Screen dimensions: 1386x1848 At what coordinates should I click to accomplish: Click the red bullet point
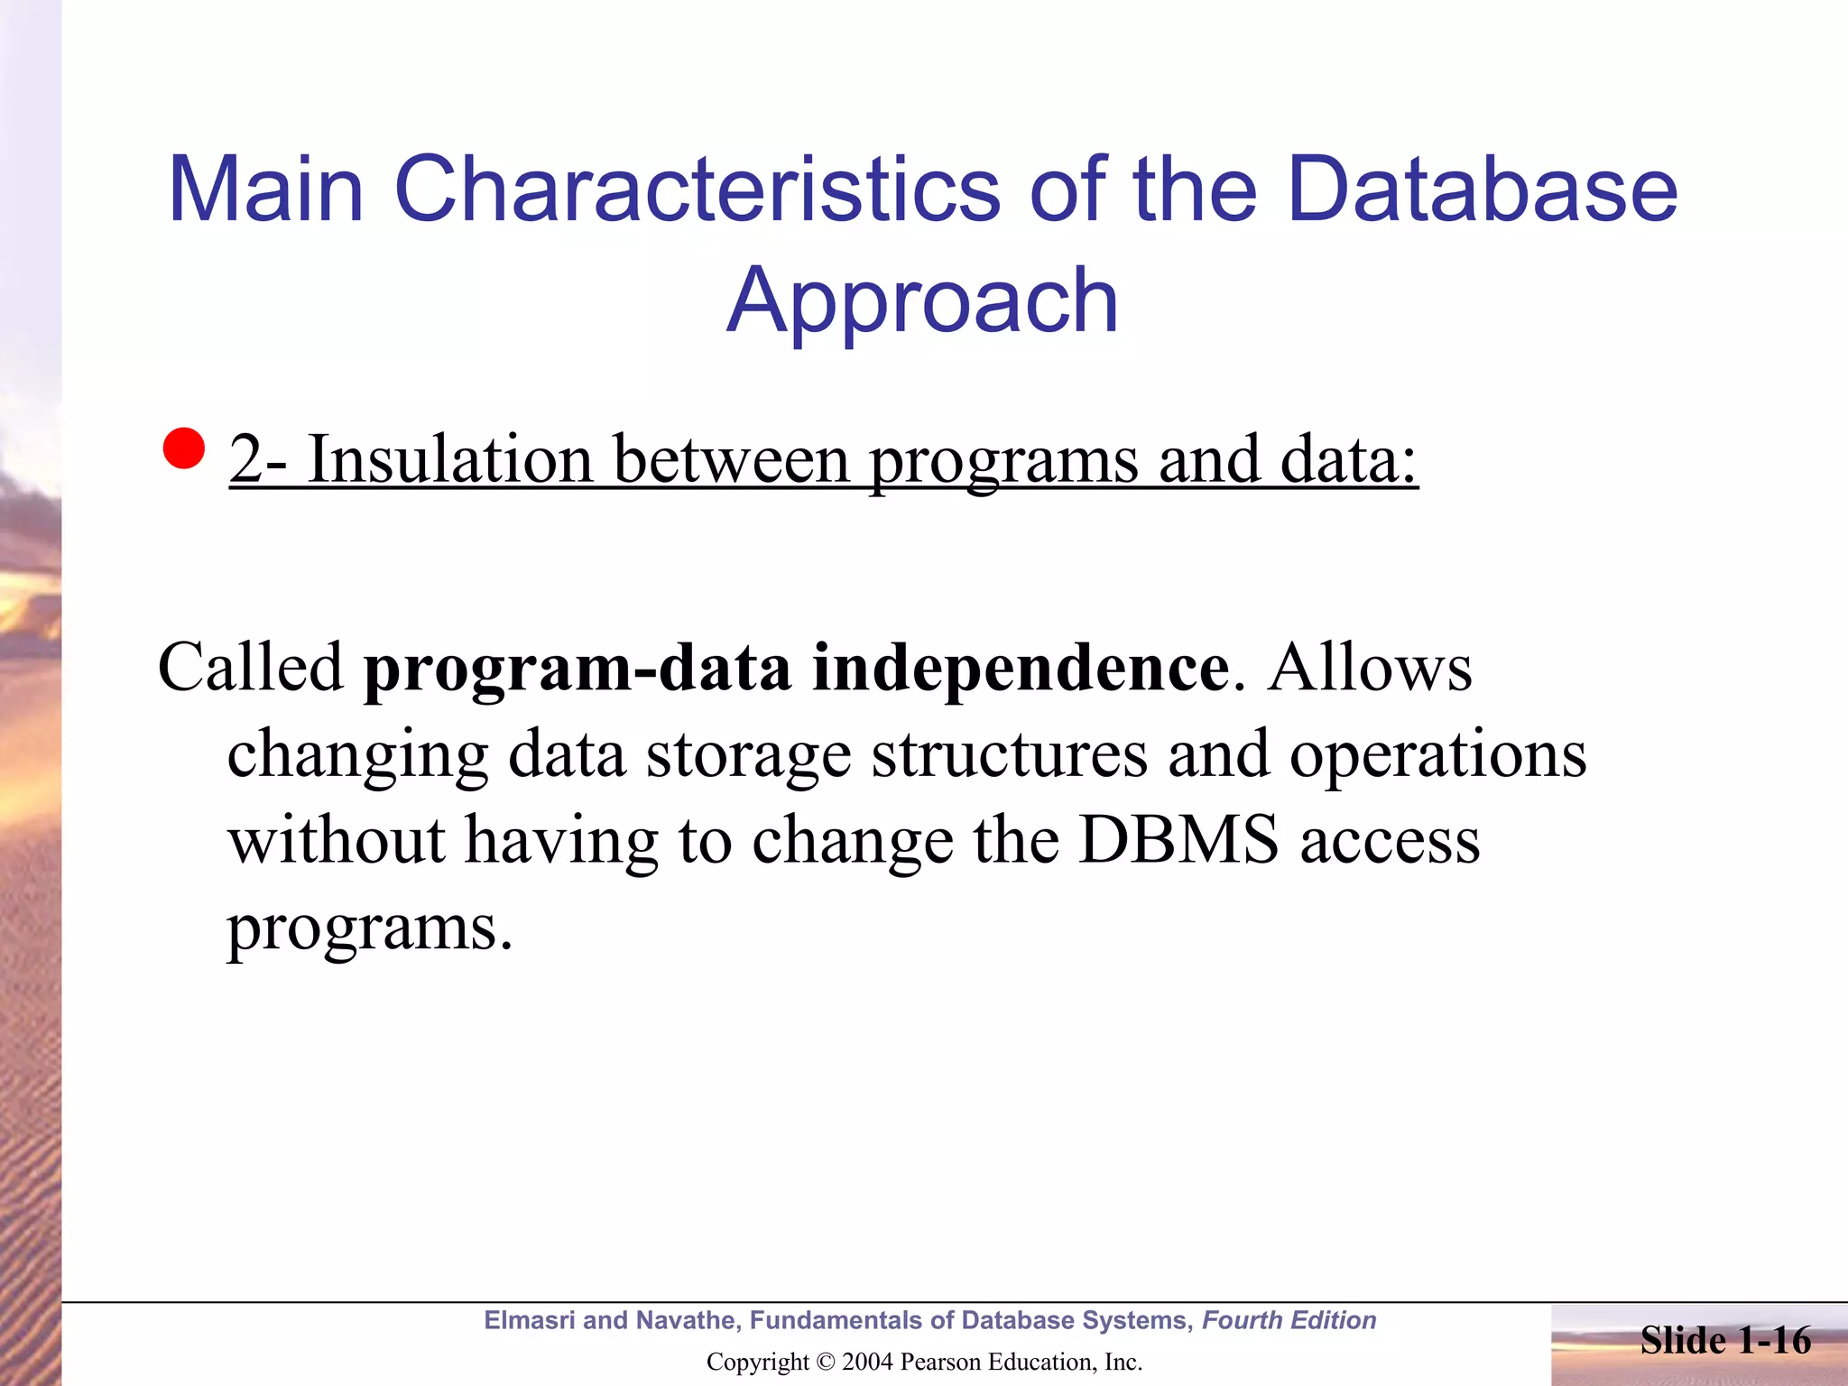coord(184,448)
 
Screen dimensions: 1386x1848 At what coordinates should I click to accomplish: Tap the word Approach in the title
coord(922,300)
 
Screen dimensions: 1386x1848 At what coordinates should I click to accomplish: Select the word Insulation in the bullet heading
coord(450,460)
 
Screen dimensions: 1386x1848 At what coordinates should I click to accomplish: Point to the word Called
coord(251,668)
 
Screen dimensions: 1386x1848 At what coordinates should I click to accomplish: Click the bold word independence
coord(1021,670)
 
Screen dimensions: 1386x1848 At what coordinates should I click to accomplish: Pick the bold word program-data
coord(577,670)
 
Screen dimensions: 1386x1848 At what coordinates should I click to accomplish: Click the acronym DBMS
coord(1178,840)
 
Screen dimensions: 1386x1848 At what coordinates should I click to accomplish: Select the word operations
coord(1437,754)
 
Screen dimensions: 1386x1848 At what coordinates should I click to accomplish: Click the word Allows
coord(1369,668)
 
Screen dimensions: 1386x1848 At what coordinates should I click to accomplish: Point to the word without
coord(336,840)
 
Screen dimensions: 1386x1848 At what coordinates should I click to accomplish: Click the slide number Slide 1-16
coord(1724,1340)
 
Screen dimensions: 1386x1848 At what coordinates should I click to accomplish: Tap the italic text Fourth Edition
coord(1289,1320)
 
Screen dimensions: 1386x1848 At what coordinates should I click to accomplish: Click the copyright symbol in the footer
coord(825,1362)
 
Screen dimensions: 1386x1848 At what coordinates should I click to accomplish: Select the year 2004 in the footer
coord(868,1362)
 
